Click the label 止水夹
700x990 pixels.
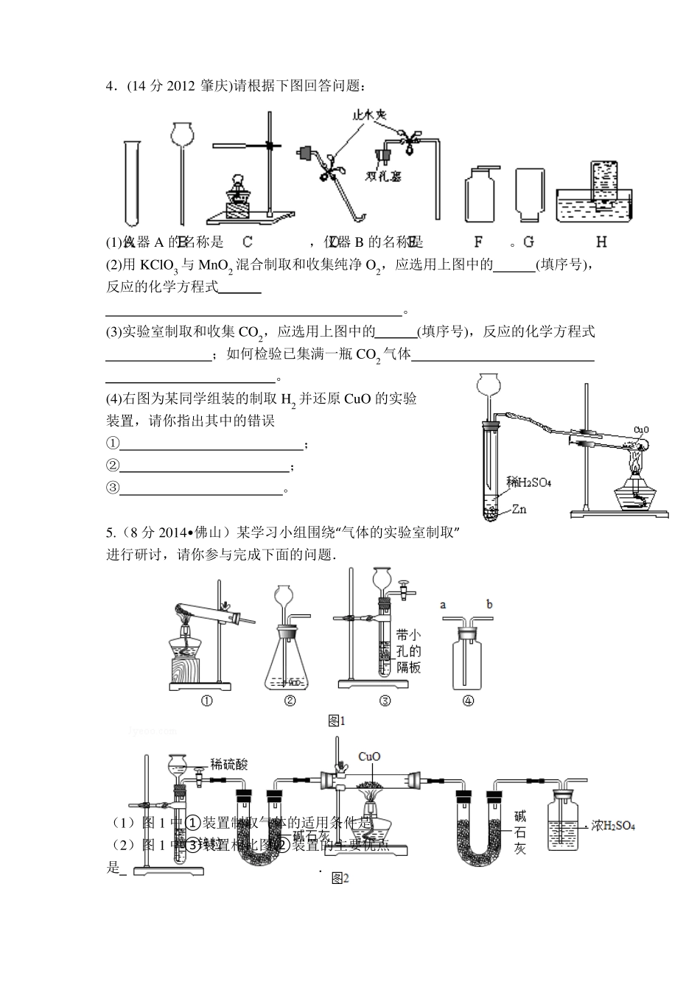tap(370, 115)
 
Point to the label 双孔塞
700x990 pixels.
tap(383, 177)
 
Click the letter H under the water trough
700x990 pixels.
tap(601, 242)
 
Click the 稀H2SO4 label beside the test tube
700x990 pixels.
tap(529, 482)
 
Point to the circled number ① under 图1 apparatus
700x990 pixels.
tap(207, 701)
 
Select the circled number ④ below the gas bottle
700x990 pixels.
tap(468, 701)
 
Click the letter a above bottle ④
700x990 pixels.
tap(443, 605)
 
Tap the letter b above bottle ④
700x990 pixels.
tap(489, 605)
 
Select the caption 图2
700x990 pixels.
tap(340, 878)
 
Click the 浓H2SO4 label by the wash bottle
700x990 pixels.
tap(613, 826)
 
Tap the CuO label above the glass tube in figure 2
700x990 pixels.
tap(369, 756)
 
